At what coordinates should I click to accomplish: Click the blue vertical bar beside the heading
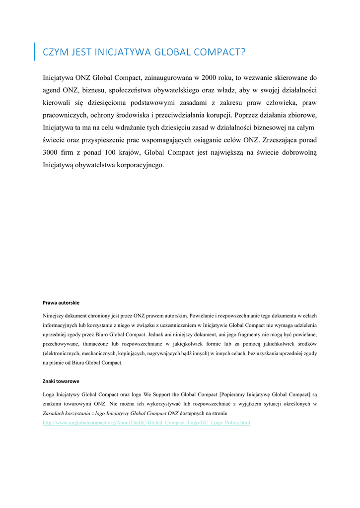[34, 52]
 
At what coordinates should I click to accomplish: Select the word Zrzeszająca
[279, 140]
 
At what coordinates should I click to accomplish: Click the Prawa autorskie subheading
[61, 302]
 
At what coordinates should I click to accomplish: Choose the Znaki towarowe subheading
[61, 381]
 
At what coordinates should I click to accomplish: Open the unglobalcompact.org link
[146, 423]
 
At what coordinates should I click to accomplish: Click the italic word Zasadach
[55, 413]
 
